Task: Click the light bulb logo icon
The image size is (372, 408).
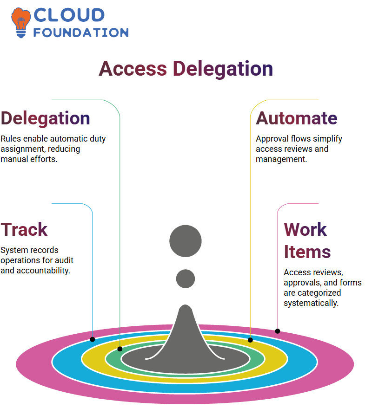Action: tap(20, 23)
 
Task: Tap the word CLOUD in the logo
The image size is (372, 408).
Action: tap(69, 15)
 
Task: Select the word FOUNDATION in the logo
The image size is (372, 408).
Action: tap(81, 32)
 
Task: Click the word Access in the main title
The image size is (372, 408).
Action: tap(133, 68)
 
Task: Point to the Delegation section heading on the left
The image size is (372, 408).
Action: tap(46, 119)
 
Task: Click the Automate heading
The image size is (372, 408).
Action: tap(296, 118)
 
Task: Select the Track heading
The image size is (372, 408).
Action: tap(24, 229)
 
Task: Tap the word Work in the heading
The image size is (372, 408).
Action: tap(305, 229)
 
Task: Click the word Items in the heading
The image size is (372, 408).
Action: tap(307, 252)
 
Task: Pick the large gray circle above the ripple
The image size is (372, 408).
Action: tap(186, 241)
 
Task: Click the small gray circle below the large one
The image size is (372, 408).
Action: tap(186, 278)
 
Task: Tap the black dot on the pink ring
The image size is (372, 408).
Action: tap(278, 331)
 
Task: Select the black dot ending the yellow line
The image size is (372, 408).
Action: tap(250, 340)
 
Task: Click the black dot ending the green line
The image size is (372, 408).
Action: tap(120, 349)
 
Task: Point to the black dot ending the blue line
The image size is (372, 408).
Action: tap(92, 339)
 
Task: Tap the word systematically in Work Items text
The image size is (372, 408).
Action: tap(311, 303)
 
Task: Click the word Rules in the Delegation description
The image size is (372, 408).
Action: tap(11, 139)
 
